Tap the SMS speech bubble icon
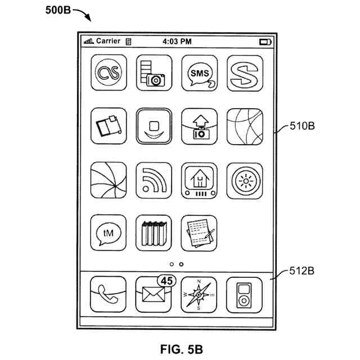(x=199, y=73)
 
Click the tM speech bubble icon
(x=107, y=232)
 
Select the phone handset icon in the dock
(x=107, y=294)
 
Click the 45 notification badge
(x=166, y=280)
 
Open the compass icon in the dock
(x=199, y=294)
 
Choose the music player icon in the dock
(x=244, y=294)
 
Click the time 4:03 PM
(x=177, y=42)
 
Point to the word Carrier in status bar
(x=108, y=41)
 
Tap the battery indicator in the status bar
(x=264, y=42)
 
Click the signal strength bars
(x=88, y=42)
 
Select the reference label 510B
(x=302, y=126)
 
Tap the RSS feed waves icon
(x=154, y=180)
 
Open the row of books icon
(x=154, y=232)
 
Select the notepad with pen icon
(x=199, y=232)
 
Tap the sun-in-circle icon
(x=244, y=180)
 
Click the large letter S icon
(x=244, y=73)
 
